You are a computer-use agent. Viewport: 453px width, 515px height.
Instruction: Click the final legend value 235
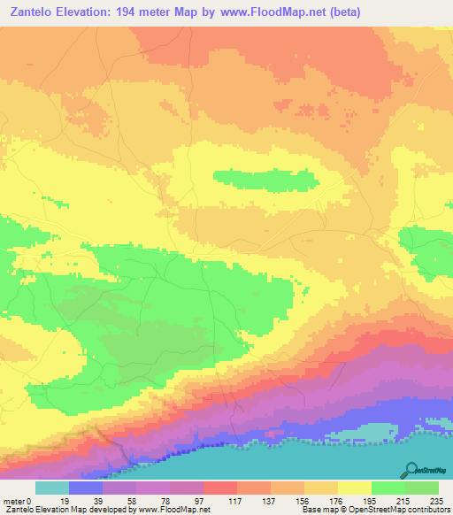pyautogui.click(x=436, y=500)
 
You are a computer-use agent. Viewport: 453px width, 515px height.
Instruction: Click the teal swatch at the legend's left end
pyautogui.click(x=52, y=488)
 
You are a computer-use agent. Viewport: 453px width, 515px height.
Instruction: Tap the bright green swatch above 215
pyautogui.click(x=388, y=488)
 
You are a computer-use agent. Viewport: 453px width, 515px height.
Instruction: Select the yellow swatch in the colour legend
pyautogui.click(x=354, y=488)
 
